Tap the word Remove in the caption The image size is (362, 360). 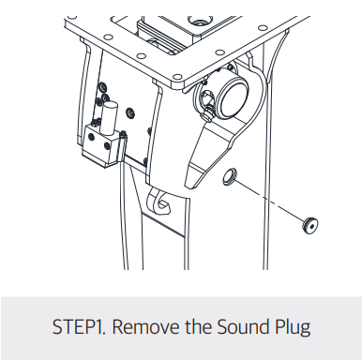click(x=145, y=326)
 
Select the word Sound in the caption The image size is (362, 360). click(x=242, y=326)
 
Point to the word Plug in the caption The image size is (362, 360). click(x=293, y=328)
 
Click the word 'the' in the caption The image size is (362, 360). click(x=198, y=326)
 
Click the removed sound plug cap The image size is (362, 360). click(x=310, y=225)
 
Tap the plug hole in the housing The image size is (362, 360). click(x=230, y=176)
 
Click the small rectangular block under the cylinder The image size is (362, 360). click(x=100, y=145)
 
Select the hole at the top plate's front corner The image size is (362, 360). click(x=177, y=77)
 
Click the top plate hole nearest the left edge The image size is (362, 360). click(x=108, y=37)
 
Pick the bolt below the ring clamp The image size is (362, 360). click(x=207, y=116)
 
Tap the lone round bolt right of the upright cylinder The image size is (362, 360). click(x=129, y=112)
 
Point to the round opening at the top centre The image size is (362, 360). click(x=198, y=21)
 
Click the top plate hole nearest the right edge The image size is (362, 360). click(x=262, y=28)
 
